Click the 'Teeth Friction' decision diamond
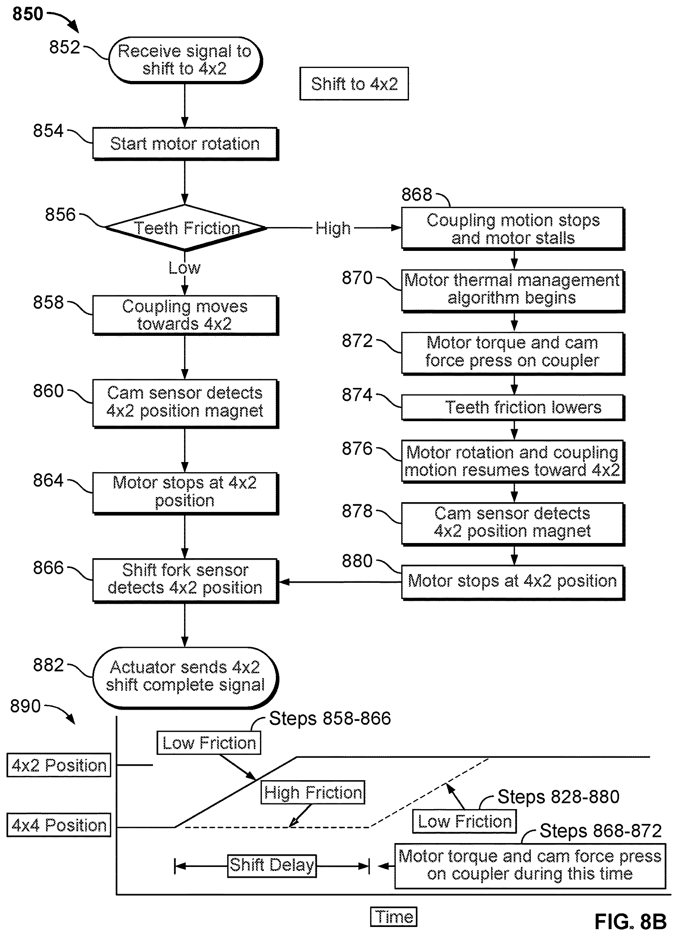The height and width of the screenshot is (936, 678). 186,227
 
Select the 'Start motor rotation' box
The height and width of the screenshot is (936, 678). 185,144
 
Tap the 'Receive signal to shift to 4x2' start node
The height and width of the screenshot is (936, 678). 185,60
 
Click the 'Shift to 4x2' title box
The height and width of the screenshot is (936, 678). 354,84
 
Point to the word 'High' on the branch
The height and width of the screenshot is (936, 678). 333,228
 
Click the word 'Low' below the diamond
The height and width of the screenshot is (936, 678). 184,268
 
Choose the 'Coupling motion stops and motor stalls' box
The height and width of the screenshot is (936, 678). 513,228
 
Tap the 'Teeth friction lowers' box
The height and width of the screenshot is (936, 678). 513,408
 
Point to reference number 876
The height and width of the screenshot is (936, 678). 357,449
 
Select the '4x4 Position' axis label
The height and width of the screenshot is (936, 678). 59,825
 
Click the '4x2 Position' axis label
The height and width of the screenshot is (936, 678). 59,765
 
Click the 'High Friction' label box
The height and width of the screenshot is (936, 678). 313,792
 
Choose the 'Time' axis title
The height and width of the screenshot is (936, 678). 394,917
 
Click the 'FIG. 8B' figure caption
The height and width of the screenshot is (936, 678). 630,921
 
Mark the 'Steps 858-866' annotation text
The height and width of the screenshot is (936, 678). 330,718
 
